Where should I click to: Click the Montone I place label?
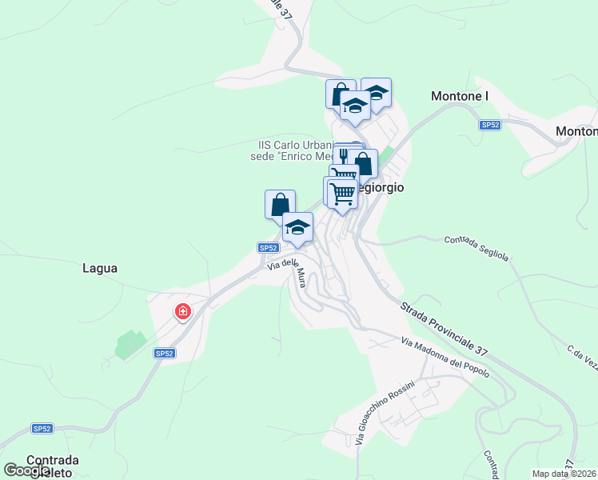(459, 97)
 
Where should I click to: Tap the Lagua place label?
(100, 269)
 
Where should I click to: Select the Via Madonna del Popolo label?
(445, 358)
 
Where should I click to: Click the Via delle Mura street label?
(289, 270)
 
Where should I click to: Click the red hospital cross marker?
(182, 311)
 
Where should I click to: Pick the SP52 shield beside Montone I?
(490, 125)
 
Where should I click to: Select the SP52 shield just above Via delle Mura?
(268, 249)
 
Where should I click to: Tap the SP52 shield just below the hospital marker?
(164, 353)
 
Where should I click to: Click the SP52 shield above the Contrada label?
(42, 429)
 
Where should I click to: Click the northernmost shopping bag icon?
(341, 93)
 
